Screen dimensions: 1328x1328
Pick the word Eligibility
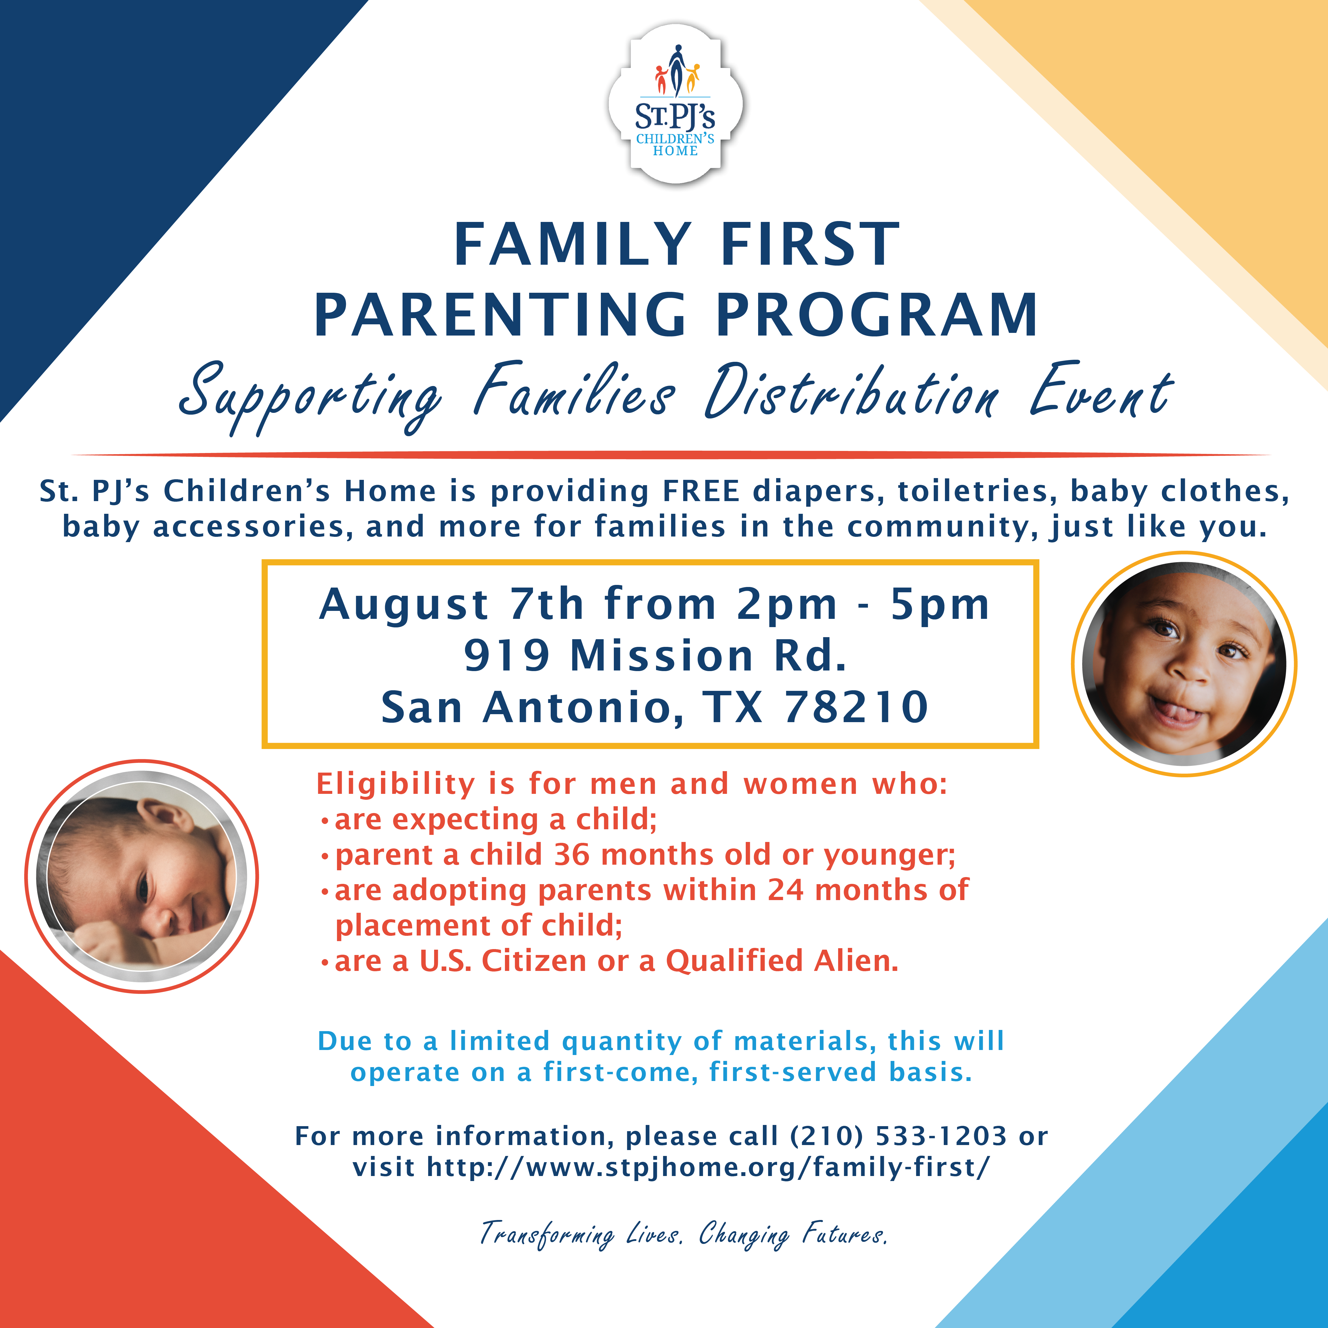tap(395, 784)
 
